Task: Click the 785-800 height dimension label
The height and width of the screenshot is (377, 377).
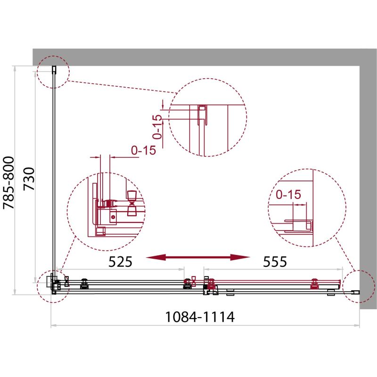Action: pos(8,183)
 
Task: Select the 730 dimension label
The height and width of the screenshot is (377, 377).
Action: pos(29,179)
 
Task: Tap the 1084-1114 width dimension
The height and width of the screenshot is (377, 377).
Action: pos(199,317)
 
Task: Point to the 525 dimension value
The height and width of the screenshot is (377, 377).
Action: pos(120,262)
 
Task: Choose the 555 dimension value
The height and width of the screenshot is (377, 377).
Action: pos(275,262)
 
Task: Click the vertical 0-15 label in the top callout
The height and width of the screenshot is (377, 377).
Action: pos(157,127)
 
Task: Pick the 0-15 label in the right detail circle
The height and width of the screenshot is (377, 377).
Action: pos(288,195)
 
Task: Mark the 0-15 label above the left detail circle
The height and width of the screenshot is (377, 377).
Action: pos(144,150)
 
